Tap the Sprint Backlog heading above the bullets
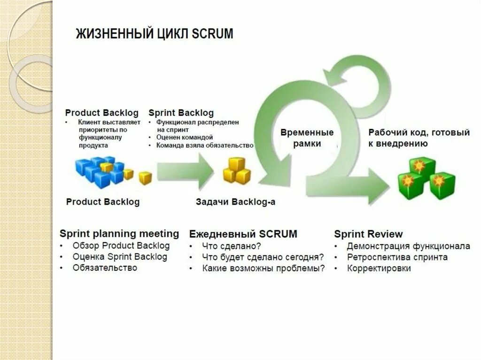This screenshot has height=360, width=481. [181, 113]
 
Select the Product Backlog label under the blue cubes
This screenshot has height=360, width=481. [103, 202]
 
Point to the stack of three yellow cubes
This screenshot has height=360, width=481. [236, 171]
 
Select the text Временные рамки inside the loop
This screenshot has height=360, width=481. [307, 138]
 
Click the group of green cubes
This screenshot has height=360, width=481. [426, 178]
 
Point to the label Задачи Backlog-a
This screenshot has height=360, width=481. [235, 202]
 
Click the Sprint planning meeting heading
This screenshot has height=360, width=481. [119, 234]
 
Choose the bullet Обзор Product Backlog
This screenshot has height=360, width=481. [121, 245]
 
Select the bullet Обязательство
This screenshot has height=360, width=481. [105, 268]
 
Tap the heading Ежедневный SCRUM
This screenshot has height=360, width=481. [243, 234]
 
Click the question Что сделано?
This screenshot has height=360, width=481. [231, 246]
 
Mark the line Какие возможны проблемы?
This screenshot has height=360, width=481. [263, 269]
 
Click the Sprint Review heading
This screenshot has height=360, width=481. [368, 234]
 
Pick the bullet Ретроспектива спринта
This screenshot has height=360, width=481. [397, 257]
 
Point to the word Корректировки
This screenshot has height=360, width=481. [379, 268]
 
